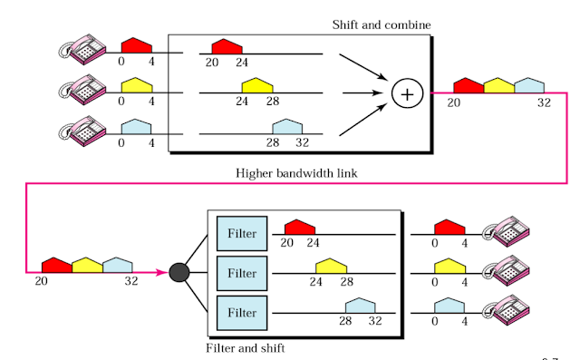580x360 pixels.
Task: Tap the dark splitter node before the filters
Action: click(179, 273)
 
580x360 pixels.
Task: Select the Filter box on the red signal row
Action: click(242, 233)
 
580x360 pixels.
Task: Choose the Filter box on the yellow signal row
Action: click(242, 273)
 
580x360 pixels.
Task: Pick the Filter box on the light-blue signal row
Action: click(242, 313)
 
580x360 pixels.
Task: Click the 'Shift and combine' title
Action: click(382, 25)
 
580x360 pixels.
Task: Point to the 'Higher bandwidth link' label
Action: click(296, 173)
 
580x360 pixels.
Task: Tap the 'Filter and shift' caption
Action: click(246, 348)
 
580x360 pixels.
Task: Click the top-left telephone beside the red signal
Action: click(82, 49)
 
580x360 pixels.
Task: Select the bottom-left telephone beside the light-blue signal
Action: click(82, 131)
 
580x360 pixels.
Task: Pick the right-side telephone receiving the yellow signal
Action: click(506, 270)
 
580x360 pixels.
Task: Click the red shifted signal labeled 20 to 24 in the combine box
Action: click(227, 46)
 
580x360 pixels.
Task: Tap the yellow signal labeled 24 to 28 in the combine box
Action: click(257, 85)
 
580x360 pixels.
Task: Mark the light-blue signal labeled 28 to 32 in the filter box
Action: click(361, 306)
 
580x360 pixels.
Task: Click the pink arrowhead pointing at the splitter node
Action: click(162, 273)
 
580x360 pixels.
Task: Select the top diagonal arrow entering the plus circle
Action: click(363, 67)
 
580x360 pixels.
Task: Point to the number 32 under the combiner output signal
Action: click(544, 102)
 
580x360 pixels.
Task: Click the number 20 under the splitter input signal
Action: click(41, 281)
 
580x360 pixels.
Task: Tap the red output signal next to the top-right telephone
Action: click(449, 227)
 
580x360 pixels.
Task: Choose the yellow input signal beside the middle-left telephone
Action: click(137, 85)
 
